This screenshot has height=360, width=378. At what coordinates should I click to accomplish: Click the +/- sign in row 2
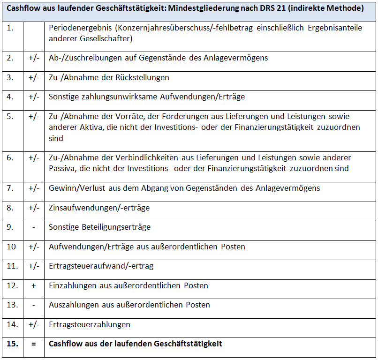[33, 58]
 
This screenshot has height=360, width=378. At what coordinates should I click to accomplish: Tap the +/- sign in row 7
[33, 188]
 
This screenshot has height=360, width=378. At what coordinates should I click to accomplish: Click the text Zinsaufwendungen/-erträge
[99, 207]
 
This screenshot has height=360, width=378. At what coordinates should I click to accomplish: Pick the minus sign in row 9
[33, 227]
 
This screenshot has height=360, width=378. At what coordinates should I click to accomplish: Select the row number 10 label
[11, 247]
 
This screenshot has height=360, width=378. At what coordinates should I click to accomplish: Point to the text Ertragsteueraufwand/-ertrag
[101, 266]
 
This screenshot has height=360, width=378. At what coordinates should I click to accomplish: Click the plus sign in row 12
[33, 285]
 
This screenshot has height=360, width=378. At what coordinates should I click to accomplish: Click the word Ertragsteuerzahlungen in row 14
[89, 324]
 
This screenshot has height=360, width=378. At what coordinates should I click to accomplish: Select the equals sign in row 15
[33, 344]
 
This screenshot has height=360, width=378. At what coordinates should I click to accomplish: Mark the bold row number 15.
[12, 344]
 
